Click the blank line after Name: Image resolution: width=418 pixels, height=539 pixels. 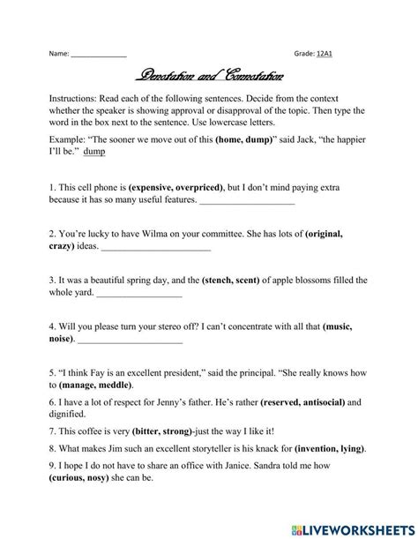coord(99,54)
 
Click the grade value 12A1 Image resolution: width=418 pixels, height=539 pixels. coord(332,54)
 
